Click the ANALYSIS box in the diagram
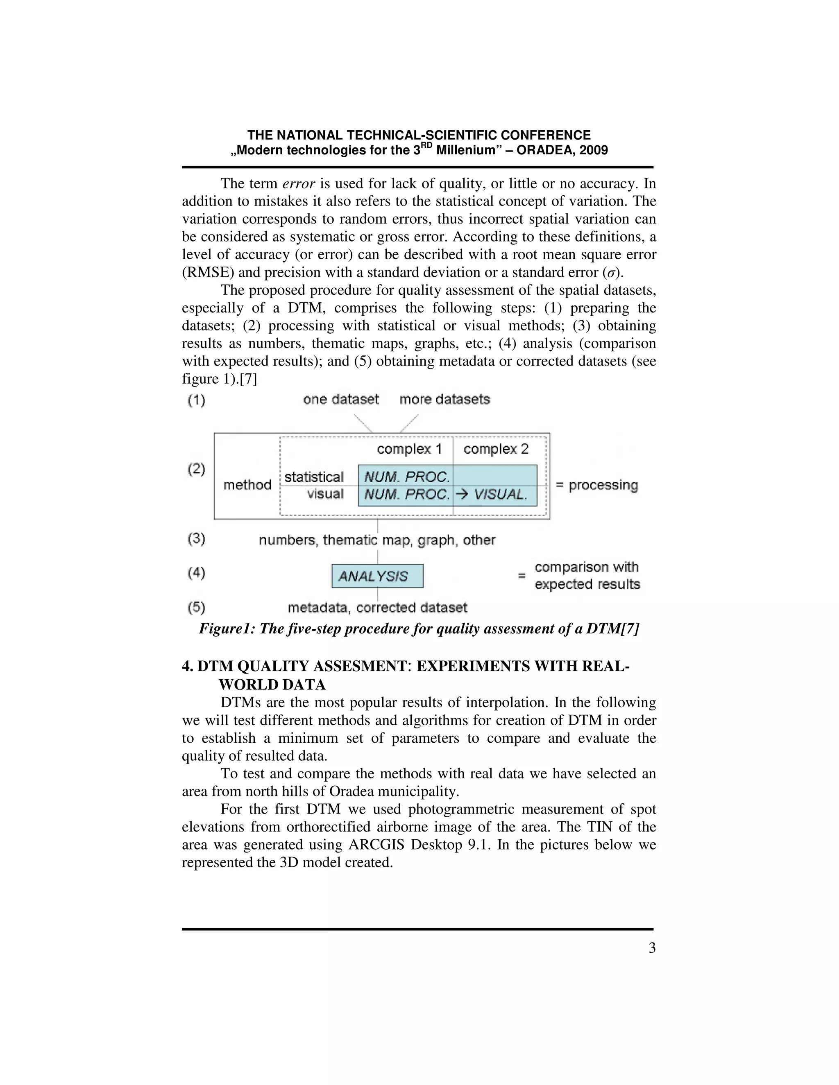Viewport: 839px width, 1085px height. coord(377,576)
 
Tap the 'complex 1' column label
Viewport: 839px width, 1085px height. coord(409,449)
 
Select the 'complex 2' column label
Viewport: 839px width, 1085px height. coord(496,449)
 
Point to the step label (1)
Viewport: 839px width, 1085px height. coord(196,400)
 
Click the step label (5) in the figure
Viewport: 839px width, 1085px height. coord(196,607)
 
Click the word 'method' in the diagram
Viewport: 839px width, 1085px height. coord(247,485)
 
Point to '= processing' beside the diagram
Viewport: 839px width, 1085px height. coord(596,485)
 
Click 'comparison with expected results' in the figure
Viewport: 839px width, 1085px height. coord(587,576)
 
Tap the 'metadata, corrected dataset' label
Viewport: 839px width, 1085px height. coord(377,608)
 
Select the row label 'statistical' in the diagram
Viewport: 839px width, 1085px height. coord(314,477)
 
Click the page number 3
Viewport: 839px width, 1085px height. coord(652,948)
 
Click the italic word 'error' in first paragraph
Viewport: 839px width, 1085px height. coord(298,184)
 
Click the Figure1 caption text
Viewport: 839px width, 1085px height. coord(419,629)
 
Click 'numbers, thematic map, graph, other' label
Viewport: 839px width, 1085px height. coord(377,540)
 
